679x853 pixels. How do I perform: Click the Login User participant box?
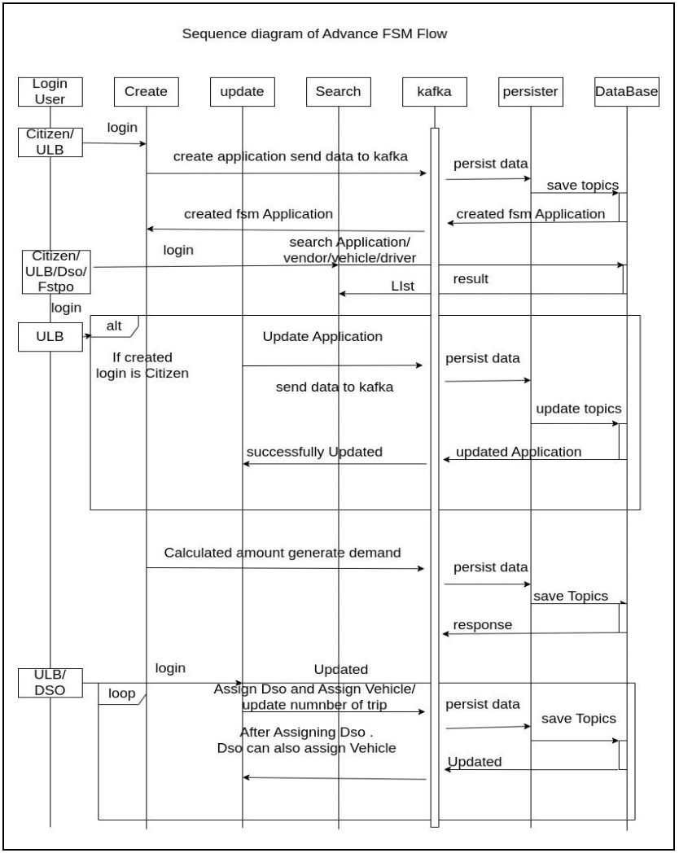[x=50, y=91]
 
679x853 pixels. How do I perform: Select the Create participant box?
[x=146, y=92]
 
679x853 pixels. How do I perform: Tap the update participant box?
[x=242, y=92]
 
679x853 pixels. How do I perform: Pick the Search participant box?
[x=338, y=92]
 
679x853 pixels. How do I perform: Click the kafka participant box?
[x=433, y=92]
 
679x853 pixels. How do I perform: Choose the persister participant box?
[x=530, y=92]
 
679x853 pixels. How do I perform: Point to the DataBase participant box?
[x=627, y=92]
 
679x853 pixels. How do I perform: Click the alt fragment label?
[x=113, y=325]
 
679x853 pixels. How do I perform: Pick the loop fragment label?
[x=122, y=694]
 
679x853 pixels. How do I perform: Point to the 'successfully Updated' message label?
[x=314, y=452]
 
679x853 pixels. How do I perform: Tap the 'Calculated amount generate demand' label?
[x=283, y=553]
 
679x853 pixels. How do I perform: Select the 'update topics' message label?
[x=578, y=409]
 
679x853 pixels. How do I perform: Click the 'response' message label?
[x=483, y=625]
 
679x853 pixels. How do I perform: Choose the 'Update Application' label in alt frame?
[x=322, y=336]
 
